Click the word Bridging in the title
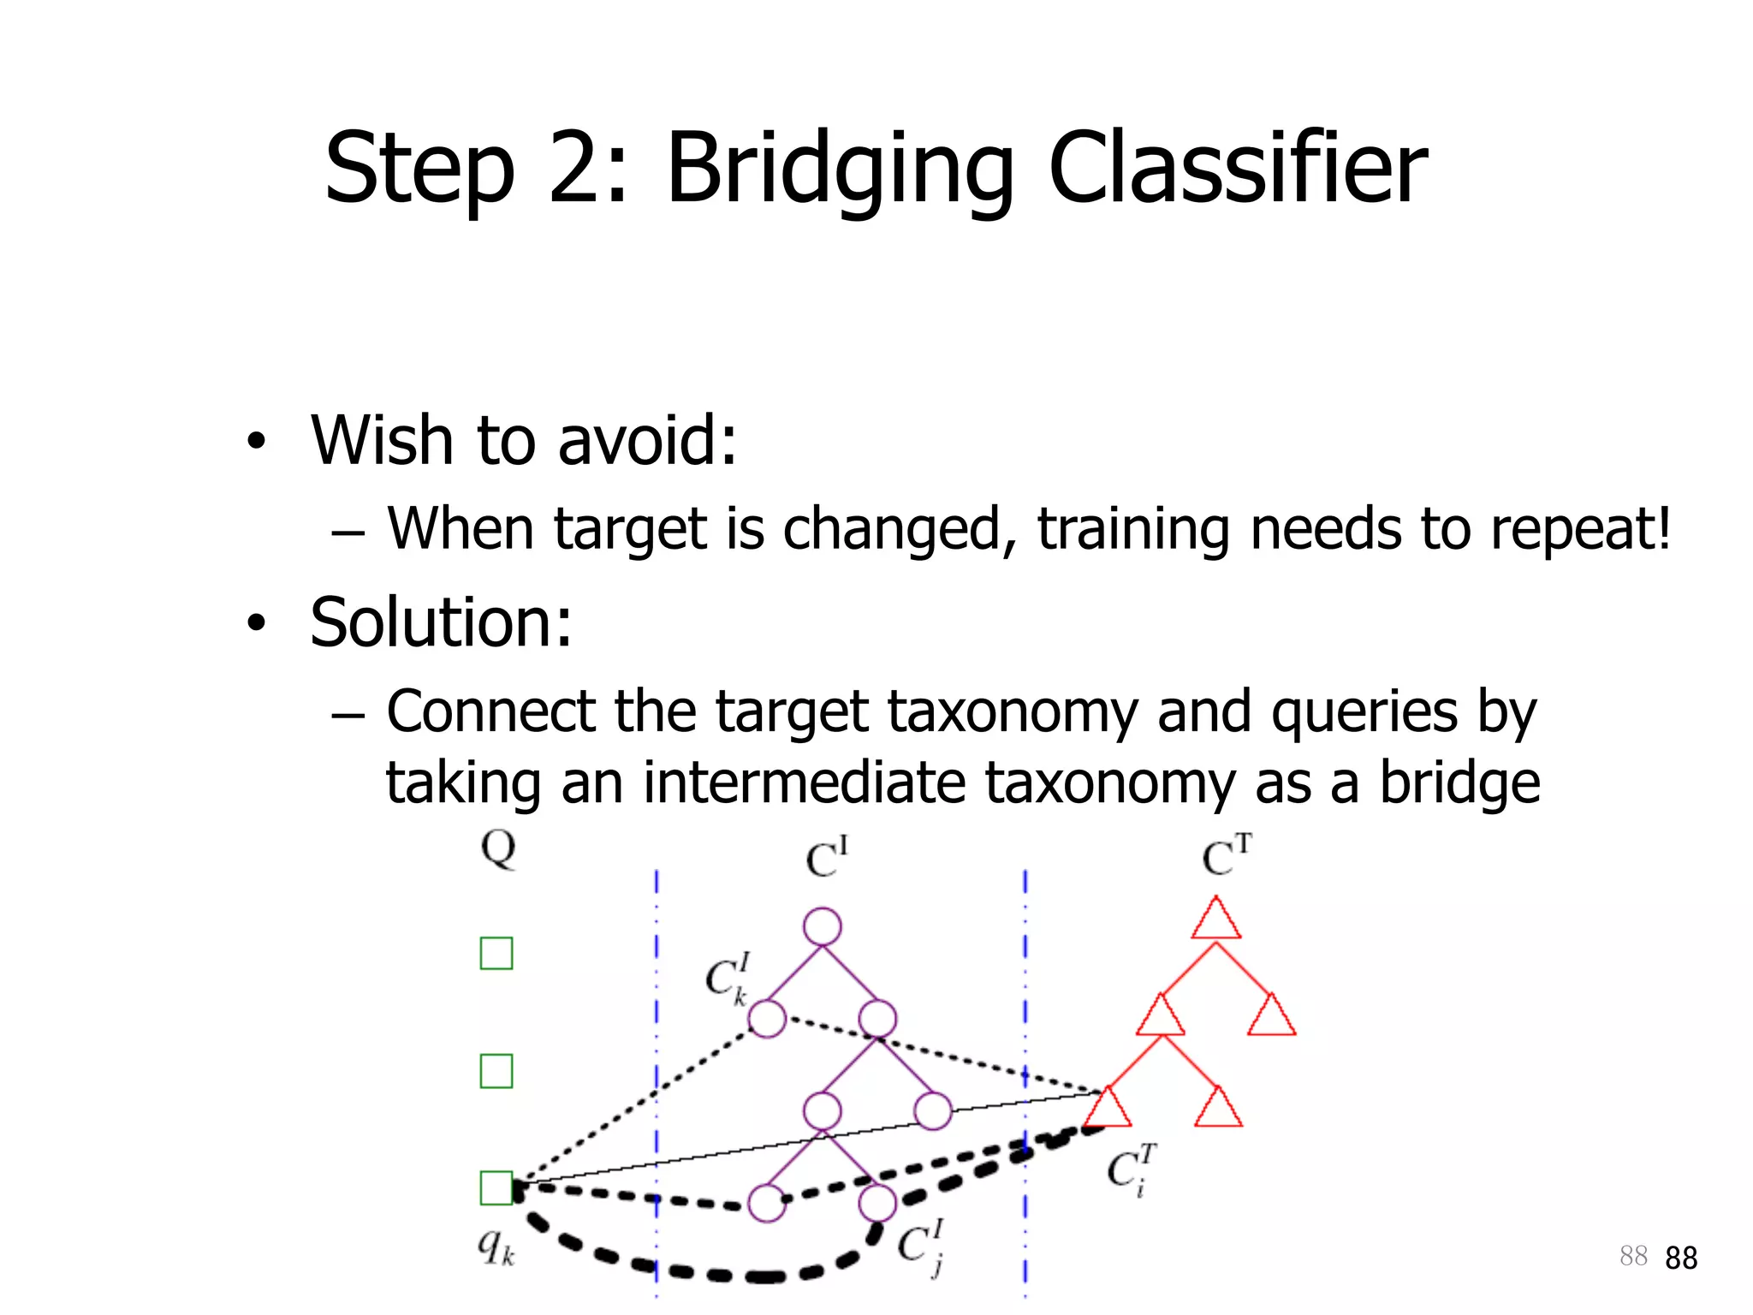click(x=839, y=169)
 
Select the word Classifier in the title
click(x=1237, y=169)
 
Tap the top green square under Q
click(x=496, y=953)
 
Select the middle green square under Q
click(x=496, y=1071)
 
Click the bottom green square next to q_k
click(x=496, y=1188)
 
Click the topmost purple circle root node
click(x=823, y=927)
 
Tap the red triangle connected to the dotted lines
click(x=1108, y=1109)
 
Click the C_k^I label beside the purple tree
click(x=728, y=979)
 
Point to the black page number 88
click(x=1681, y=1258)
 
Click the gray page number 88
click(x=1633, y=1256)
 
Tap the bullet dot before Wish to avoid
click(x=256, y=442)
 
